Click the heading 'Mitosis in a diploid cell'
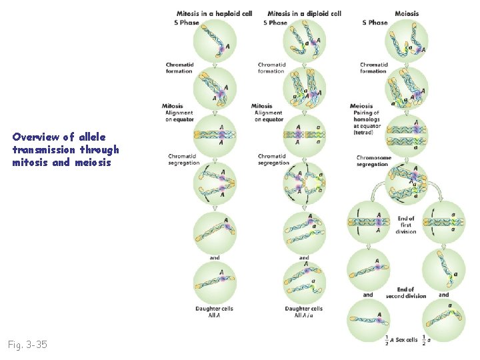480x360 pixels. pos(304,13)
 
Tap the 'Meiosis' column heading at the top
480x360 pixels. pos(407,13)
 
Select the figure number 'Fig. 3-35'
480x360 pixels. pos(27,345)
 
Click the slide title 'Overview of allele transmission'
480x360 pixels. pos(65,149)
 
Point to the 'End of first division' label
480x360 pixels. pos(406,225)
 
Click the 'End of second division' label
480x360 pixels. pos(405,292)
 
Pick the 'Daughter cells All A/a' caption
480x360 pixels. pos(303,311)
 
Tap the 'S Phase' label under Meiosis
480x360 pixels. pos(375,23)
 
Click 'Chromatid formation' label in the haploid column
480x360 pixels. pos(179,68)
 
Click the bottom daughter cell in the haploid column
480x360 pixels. pos(214,282)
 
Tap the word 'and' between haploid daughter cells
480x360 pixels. pos(214,257)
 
